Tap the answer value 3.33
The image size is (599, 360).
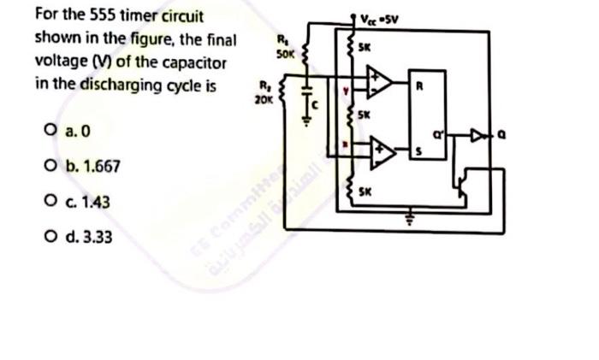coord(93,235)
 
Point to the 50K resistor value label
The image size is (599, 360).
coord(285,53)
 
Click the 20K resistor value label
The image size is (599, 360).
coord(263,99)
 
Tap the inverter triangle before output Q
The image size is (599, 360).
coord(476,133)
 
